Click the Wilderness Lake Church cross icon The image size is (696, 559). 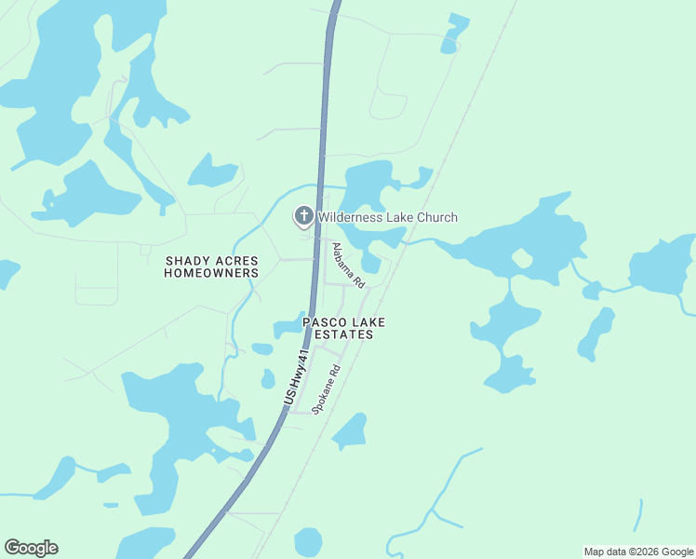(303, 217)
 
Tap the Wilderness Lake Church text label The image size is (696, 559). (388, 218)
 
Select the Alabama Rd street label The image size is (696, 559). (349, 264)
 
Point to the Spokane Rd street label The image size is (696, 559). (326, 389)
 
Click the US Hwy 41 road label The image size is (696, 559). (297, 377)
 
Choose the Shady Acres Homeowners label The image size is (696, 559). (211, 266)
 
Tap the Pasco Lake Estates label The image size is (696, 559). (343, 328)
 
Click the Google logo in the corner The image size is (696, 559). (31, 548)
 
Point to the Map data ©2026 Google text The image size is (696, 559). (638, 552)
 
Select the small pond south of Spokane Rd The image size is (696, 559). (351, 431)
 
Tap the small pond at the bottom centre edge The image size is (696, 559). (308, 541)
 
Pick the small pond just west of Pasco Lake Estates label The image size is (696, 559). (288, 327)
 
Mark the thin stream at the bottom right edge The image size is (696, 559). (639, 515)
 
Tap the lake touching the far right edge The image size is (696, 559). (663, 265)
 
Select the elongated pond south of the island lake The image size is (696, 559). (597, 333)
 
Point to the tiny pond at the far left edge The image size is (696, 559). (7, 272)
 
